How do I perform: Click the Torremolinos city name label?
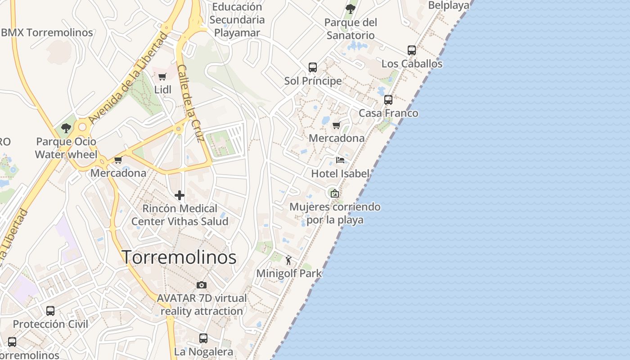[x=180, y=257]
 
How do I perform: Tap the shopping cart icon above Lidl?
[x=162, y=77]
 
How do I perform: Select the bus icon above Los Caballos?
[x=412, y=50]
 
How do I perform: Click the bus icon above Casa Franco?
[x=388, y=100]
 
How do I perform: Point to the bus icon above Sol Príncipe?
[x=313, y=67]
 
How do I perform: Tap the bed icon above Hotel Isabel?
[x=340, y=160]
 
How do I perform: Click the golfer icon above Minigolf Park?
[x=289, y=260]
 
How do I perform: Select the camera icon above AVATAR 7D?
[x=202, y=285]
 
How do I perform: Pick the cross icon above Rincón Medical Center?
[x=180, y=195]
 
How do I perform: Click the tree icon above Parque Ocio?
[x=66, y=128]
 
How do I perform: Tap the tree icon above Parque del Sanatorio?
[x=351, y=9]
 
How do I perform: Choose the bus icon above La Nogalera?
[x=203, y=338]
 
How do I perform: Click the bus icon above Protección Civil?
[x=50, y=311]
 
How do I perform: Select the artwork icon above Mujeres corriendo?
[x=334, y=194]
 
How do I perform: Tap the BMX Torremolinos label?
[x=47, y=32]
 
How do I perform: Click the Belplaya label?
[x=449, y=5]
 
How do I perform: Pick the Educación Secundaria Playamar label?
[x=237, y=20]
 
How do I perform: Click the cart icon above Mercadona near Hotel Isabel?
[x=336, y=125]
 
